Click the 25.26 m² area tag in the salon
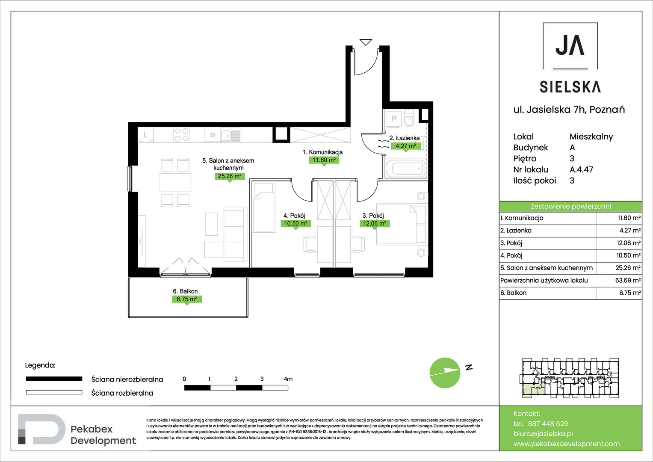[230, 176]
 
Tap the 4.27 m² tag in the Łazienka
[406, 146]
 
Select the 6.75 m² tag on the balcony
[187, 299]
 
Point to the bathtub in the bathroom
[405, 168]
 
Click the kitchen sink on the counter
[231, 135]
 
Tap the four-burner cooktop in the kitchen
[181, 135]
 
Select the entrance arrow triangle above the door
[366, 42]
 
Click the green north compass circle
[445, 373]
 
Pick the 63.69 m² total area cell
[628, 280]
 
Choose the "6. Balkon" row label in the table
[513, 293]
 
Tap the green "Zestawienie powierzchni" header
[570, 207]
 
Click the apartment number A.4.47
[581, 169]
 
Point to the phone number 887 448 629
[548, 423]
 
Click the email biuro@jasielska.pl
[543, 434]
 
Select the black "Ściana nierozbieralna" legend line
[54, 379]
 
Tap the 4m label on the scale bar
[288, 379]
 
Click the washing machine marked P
[393, 118]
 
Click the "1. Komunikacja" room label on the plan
[322, 152]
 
